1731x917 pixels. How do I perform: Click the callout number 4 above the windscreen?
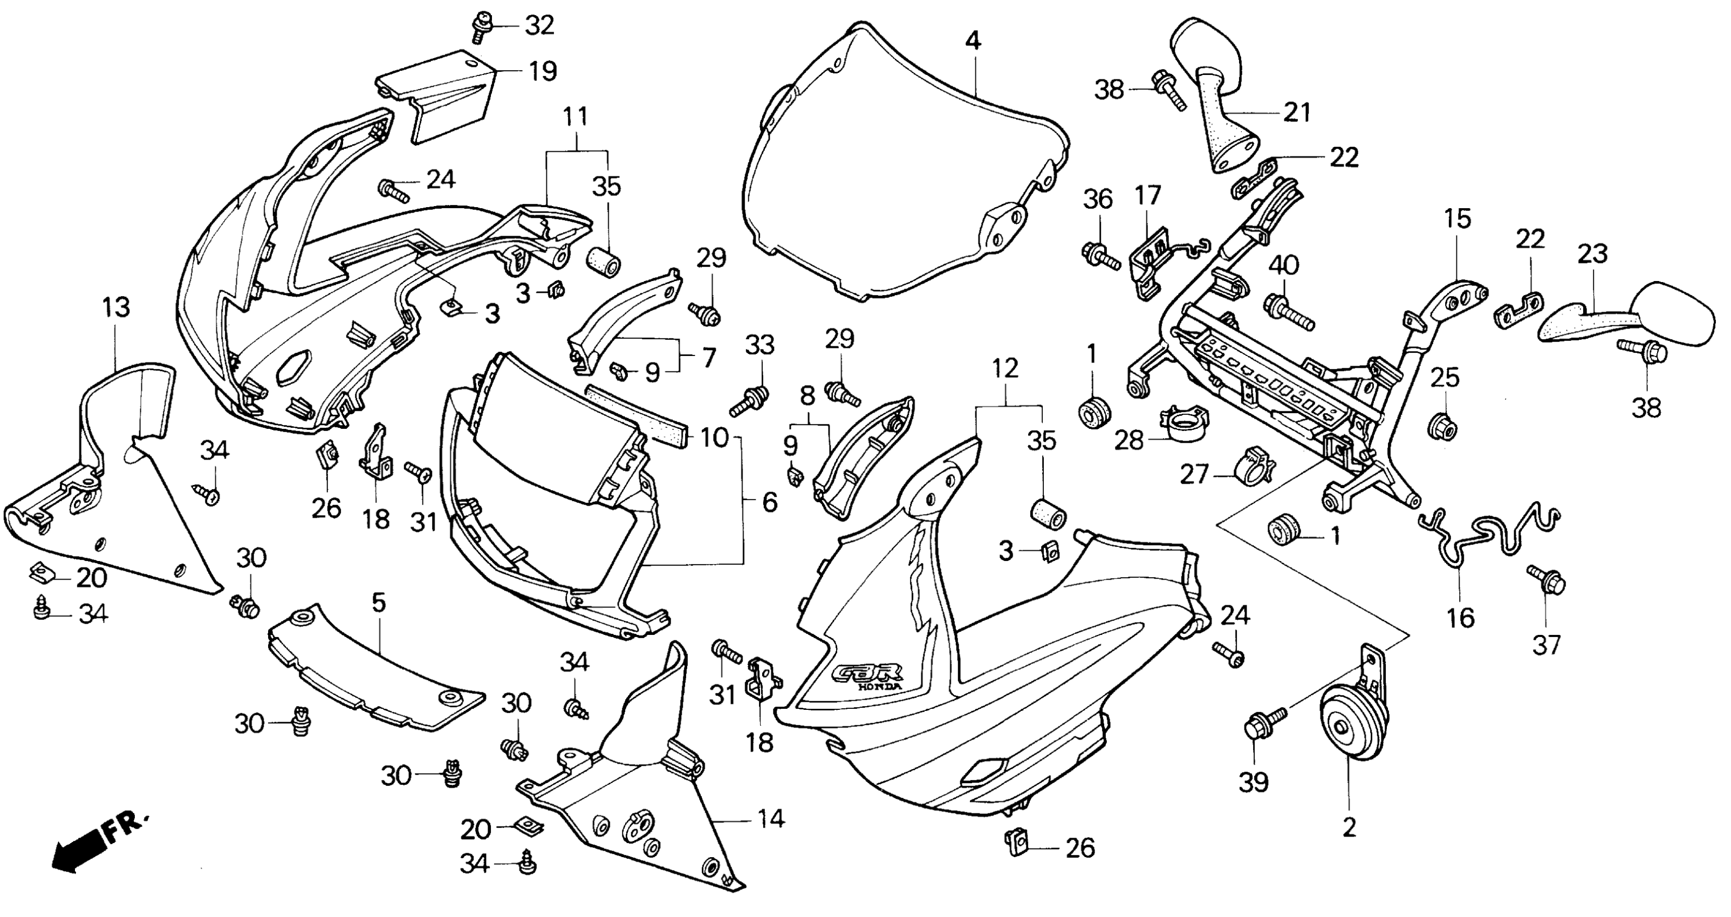(x=973, y=42)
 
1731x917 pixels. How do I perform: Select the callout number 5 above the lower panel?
(x=379, y=603)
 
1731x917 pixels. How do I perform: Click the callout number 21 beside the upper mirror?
(x=1297, y=112)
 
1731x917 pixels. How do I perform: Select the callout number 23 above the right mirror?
(x=1592, y=254)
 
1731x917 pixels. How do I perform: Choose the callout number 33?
(x=760, y=346)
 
